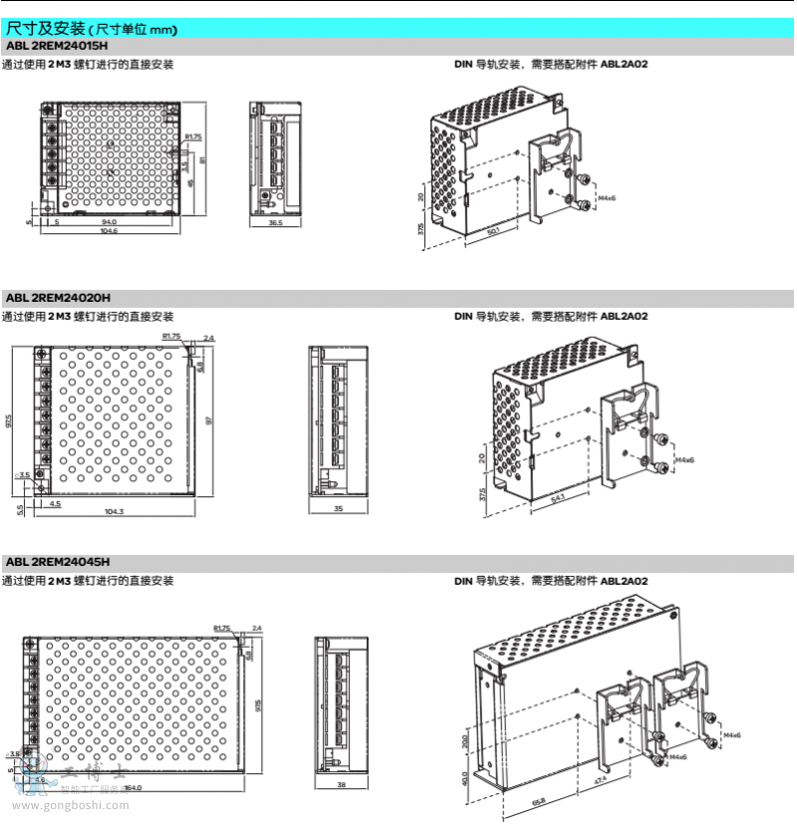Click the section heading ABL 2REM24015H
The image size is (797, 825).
57,47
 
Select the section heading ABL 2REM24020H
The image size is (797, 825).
57,297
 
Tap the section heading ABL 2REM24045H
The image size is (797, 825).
57,562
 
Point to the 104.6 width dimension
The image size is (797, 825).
109,231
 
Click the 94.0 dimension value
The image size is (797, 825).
109,222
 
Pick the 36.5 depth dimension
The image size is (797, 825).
276,223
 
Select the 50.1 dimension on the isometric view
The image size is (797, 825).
494,233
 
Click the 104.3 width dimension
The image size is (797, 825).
114,511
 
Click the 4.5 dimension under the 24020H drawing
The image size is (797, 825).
55,503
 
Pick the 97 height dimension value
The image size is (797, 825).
209,420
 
